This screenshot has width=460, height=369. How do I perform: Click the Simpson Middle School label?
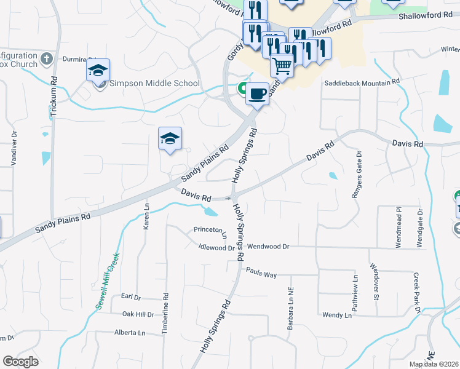[154, 83]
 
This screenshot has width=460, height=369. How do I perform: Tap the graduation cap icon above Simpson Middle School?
[98, 71]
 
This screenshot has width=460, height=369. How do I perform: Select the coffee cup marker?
[257, 94]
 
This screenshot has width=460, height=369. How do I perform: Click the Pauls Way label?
[261, 272]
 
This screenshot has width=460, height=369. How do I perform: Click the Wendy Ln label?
[337, 315]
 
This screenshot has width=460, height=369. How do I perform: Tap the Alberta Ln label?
[129, 333]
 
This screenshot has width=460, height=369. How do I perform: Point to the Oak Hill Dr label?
[138, 314]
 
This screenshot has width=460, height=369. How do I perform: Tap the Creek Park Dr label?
[416, 293]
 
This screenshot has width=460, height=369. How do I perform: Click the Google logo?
[20, 362]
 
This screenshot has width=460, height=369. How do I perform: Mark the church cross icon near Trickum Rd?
[47, 60]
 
